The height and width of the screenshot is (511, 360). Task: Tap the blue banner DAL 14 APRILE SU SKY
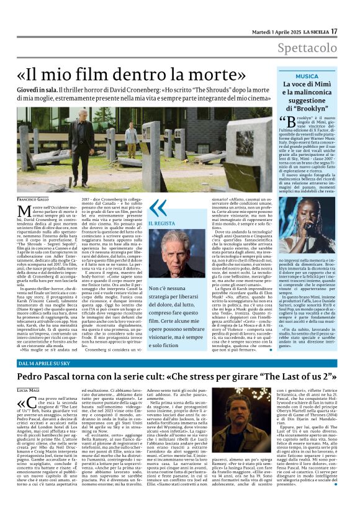pyautogui.click(x=48, y=362)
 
